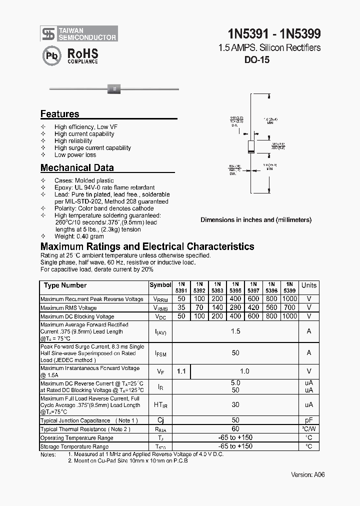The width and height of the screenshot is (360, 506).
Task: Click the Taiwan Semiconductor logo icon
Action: (x=48, y=33)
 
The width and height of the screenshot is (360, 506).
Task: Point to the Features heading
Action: (x=59, y=114)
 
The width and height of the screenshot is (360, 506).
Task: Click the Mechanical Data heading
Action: (x=77, y=168)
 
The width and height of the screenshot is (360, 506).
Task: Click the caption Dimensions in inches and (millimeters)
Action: (x=256, y=219)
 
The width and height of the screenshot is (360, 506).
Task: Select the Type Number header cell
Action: (x=65, y=285)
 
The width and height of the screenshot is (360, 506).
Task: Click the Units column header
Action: (x=308, y=285)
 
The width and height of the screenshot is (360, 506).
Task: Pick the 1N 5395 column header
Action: (x=235, y=287)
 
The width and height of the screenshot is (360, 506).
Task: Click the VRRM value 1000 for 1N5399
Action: (x=289, y=299)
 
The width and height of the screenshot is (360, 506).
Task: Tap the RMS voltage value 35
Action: (x=181, y=307)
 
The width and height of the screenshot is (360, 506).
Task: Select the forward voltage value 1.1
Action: (x=181, y=371)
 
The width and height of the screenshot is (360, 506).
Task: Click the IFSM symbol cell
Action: (x=160, y=353)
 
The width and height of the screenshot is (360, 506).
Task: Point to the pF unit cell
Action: (x=308, y=420)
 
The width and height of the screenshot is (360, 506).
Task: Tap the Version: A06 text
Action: (x=307, y=474)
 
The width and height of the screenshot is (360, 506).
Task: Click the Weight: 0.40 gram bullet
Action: (x=79, y=236)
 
